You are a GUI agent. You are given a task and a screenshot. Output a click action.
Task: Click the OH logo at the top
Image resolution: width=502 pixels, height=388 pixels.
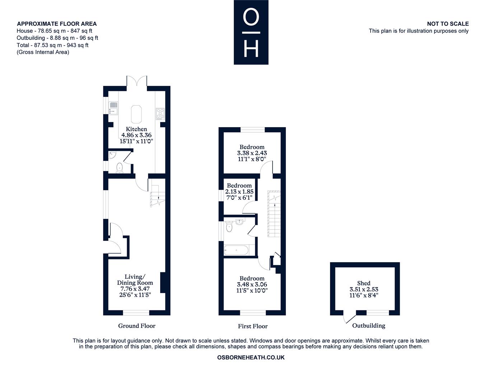click(x=251, y=32)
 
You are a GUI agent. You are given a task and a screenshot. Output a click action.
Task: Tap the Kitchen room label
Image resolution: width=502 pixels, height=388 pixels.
click(x=136, y=129)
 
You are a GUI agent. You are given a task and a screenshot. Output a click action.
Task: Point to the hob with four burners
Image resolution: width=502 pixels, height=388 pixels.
click(x=160, y=114)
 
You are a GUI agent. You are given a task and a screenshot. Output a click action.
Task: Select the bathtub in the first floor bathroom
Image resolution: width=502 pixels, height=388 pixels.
click(x=236, y=250)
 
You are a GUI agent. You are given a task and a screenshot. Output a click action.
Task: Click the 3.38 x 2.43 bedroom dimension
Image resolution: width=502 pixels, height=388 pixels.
click(x=252, y=153)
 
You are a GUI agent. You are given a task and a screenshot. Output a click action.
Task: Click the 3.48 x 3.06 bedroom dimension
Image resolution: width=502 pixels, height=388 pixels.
click(x=252, y=284)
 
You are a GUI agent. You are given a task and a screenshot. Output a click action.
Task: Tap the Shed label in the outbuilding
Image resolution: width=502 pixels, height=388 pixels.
click(x=364, y=283)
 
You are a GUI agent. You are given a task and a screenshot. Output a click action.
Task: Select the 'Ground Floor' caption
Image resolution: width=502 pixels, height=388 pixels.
click(x=137, y=326)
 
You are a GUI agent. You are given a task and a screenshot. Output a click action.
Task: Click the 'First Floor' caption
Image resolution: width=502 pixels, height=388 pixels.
click(x=253, y=326)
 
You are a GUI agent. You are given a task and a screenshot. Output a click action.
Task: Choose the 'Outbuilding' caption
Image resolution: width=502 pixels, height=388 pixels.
click(x=369, y=325)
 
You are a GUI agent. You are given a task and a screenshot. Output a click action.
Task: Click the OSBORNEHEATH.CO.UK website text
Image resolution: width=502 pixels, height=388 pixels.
click(x=251, y=357)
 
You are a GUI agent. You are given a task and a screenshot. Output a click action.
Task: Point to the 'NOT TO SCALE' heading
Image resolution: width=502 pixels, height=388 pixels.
click(x=448, y=24)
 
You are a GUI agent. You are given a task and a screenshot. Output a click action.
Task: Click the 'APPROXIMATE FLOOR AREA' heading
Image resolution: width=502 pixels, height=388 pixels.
click(x=57, y=24)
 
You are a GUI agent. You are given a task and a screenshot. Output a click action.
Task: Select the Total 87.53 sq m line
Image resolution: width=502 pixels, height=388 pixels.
click(x=52, y=45)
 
